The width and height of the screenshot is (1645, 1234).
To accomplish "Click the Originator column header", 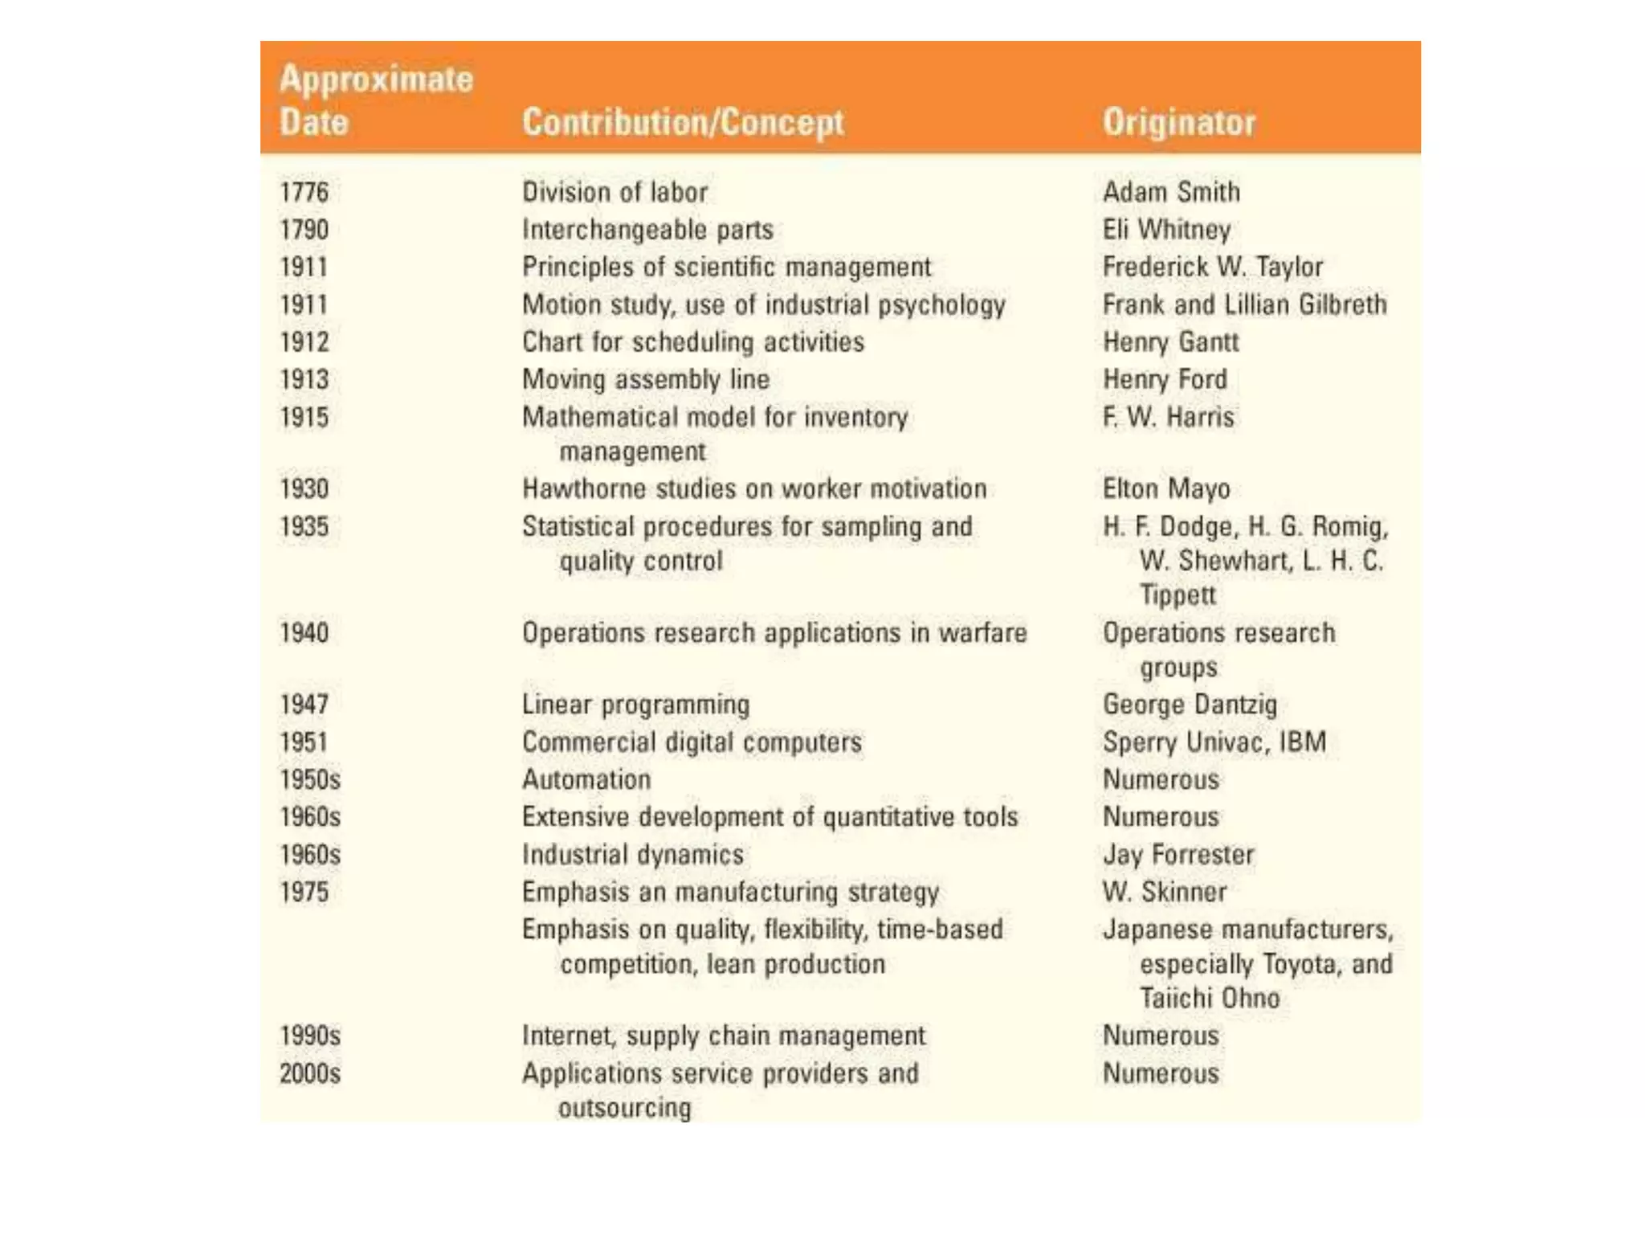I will point(1178,122).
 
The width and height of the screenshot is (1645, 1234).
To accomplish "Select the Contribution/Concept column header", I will point(683,122).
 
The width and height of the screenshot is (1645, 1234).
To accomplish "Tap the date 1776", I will point(304,192).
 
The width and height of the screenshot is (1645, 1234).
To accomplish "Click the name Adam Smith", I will point(1171,192).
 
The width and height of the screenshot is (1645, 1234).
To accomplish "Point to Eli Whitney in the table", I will point(1166,230).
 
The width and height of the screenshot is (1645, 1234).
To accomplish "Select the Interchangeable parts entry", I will point(647,230).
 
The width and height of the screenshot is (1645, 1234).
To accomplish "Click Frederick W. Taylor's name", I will point(1212,267).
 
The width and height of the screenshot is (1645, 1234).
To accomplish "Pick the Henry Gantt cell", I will point(1170,342).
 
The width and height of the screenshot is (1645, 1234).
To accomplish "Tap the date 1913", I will point(304,379).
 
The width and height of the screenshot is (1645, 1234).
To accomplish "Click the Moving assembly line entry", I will point(646,379).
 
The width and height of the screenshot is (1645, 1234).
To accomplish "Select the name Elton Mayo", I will point(1165,488).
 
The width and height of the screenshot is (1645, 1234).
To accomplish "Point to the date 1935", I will point(304,526).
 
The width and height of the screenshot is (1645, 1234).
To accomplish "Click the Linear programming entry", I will point(635,705).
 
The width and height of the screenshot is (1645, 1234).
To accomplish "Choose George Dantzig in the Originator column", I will point(1190,705).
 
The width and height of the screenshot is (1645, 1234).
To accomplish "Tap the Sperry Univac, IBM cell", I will point(1214,742).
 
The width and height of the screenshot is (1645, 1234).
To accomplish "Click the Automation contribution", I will point(586,779).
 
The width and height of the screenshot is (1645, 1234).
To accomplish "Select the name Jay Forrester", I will point(1178,854).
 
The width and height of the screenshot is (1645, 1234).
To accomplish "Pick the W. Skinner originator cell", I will point(1164,892).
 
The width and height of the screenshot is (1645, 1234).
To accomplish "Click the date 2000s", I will point(310,1073).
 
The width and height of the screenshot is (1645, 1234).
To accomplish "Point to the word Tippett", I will point(1178,595).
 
